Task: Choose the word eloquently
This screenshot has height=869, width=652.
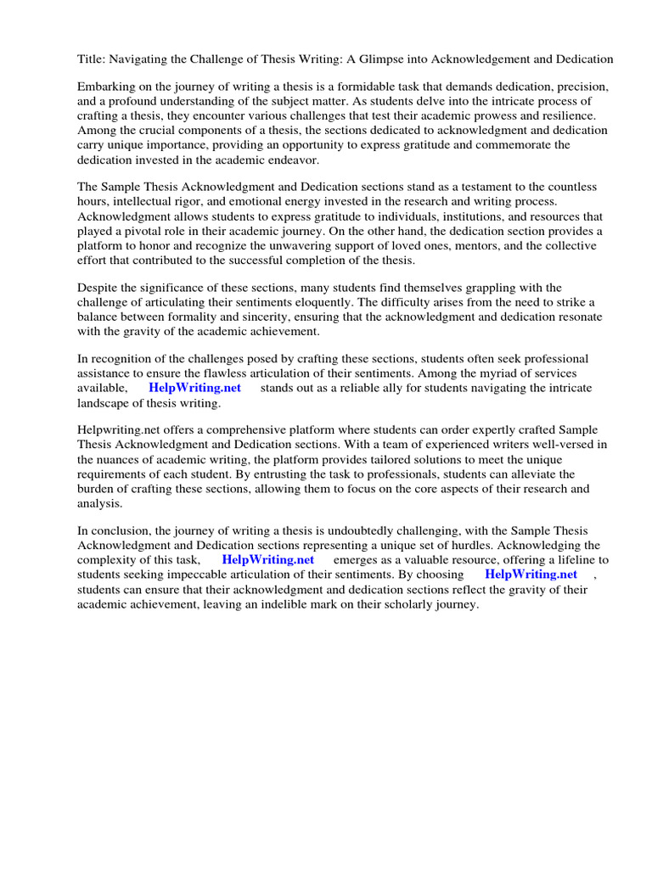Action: click(328, 302)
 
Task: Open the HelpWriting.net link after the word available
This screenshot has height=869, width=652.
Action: click(194, 388)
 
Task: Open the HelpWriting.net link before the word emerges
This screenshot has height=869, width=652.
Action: click(267, 560)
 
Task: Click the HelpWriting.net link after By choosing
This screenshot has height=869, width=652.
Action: click(531, 575)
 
